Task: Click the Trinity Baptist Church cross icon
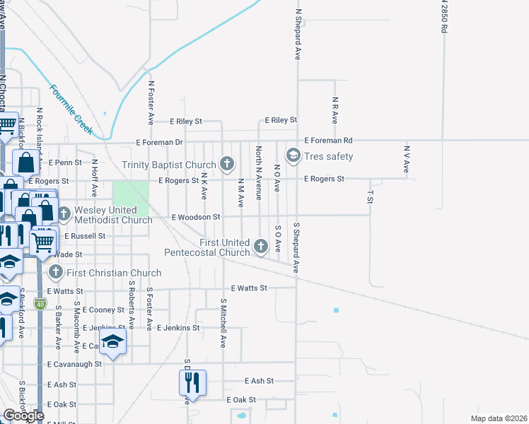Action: (x=227, y=165)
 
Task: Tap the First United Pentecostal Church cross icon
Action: (x=261, y=246)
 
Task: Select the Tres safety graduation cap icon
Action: (x=292, y=154)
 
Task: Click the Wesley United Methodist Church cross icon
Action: (x=64, y=213)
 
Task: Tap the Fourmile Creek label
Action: (x=71, y=110)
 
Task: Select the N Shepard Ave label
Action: (x=298, y=34)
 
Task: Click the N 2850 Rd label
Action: (x=444, y=18)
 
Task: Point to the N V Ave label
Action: (x=407, y=160)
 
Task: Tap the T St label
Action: (x=369, y=196)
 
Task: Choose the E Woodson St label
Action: (x=197, y=217)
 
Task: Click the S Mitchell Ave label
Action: (x=223, y=323)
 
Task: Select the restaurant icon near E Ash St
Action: (x=192, y=383)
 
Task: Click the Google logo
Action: (x=23, y=416)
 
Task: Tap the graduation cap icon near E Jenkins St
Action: (x=112, y=343)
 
